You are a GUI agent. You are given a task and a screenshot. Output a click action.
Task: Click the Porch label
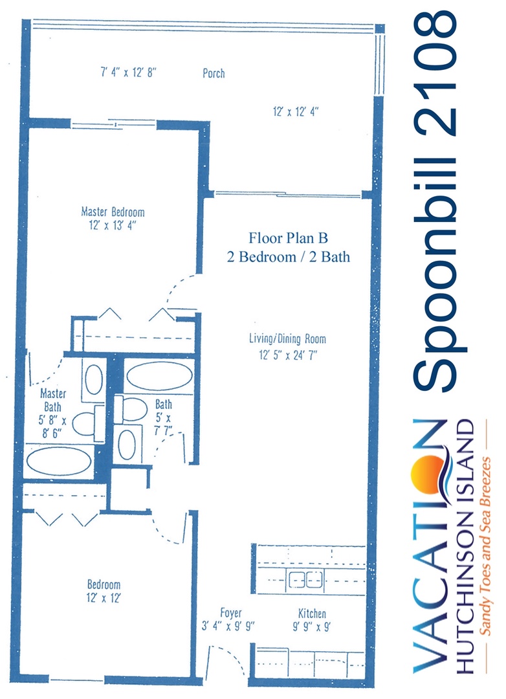[x=214, y=73]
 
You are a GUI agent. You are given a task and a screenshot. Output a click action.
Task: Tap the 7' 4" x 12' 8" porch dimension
[x=128, y=72]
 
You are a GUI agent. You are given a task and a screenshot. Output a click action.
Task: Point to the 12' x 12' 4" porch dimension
[x=296, y=111]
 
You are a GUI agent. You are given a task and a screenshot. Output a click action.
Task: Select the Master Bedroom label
[x=113, y=212]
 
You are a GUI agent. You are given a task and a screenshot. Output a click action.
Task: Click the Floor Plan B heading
[x=288, y=238]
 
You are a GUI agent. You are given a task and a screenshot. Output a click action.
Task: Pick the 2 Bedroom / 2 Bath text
[x=289, y=257]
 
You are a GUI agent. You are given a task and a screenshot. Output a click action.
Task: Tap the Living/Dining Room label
[x=287, y=338]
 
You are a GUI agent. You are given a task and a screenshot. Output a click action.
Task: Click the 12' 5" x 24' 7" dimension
[x=287, y=355]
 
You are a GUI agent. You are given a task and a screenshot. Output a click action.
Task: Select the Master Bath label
[x=52, y=400]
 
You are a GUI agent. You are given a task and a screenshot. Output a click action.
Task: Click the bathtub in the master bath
[x=59, y=461]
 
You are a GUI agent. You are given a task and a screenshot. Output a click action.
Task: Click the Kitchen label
[x=312, y=614]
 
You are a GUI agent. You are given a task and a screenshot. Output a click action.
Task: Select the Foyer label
[x=230, y=613]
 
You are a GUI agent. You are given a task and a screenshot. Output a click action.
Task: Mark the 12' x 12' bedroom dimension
[x=104, y=598]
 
